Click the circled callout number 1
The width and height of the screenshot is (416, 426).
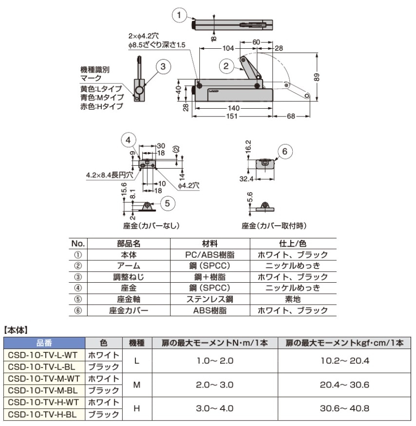180,16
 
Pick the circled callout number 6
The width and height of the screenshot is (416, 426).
285,152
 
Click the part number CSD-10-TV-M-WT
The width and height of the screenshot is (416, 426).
45,379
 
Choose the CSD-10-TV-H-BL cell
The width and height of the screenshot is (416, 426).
45,414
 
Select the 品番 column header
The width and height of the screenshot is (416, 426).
45,343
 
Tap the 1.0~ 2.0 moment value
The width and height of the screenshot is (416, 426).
214,361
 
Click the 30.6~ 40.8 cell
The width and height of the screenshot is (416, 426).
344,408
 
